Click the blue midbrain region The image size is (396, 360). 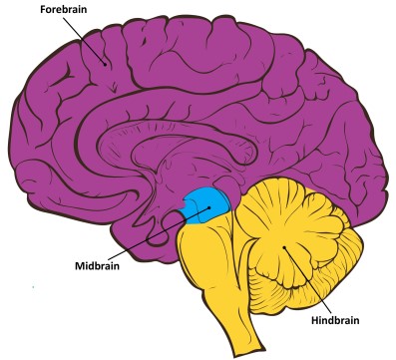tap(209, 203)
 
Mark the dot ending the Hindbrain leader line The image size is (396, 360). tap(286, 246)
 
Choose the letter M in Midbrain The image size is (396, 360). tap(79, 266)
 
